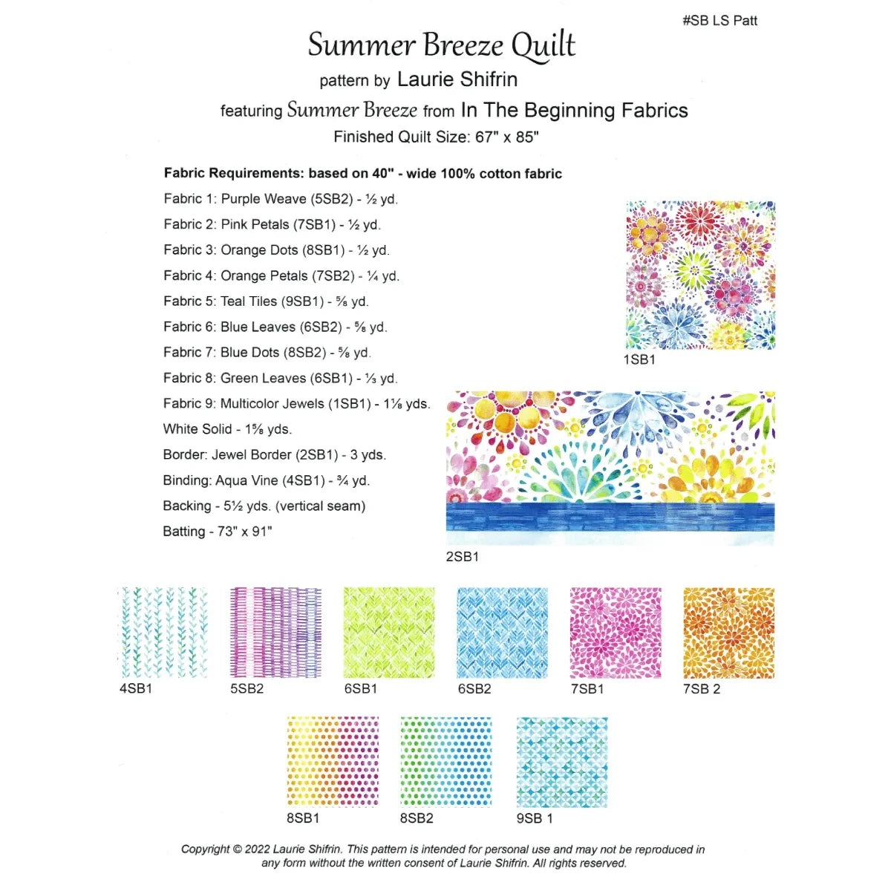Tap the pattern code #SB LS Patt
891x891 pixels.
pyautogui.click(x=719, y=21)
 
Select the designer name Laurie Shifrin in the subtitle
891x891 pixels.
pyautogui.click(x=457, y=79)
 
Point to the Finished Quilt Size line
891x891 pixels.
pyautogui.click(x=436, y=137)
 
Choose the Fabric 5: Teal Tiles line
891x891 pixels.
pyautogui.click(x=266, y=301)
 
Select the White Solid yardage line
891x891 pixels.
pyautogui.click(x=227, y=429)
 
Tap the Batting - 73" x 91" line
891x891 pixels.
pyautogui.click(x=218, y=532)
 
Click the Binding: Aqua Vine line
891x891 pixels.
pyautogui.click(x=266, y=480)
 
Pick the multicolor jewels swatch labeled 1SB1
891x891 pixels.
pyautogui.click(x=700, y=275)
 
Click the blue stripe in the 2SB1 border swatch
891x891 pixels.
pyautogui.click(x=610, y=517)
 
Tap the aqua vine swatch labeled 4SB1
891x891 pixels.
pyautogui.click(x=163, y=632)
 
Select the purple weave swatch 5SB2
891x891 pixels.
pyautogui.click(x=275, y=632)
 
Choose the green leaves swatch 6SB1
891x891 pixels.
pyautogui.click(x=389, y=632)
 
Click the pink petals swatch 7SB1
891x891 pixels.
pyautogui.click(x=616, y=632)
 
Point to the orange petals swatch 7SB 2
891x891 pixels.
pyautogui.click(x=728, y=632)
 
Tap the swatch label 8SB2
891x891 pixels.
pyautogui.click(x=417, y=818)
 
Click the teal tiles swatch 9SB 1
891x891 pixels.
pyautogui.click(x=562, y=762)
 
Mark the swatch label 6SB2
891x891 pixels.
pyautogui.click(x=474, y=689)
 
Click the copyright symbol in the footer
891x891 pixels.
pyautogui.click(x=238, y=849)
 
